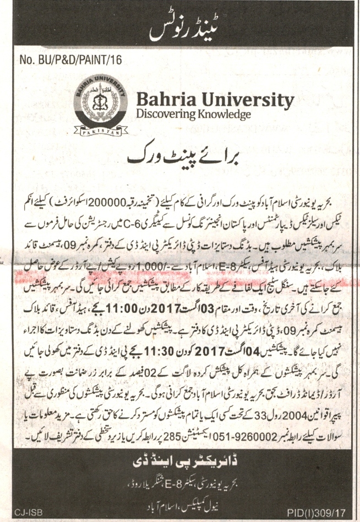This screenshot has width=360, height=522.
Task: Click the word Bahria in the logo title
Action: coord(163,101)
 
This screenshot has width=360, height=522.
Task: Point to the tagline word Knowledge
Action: coord(223,115)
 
